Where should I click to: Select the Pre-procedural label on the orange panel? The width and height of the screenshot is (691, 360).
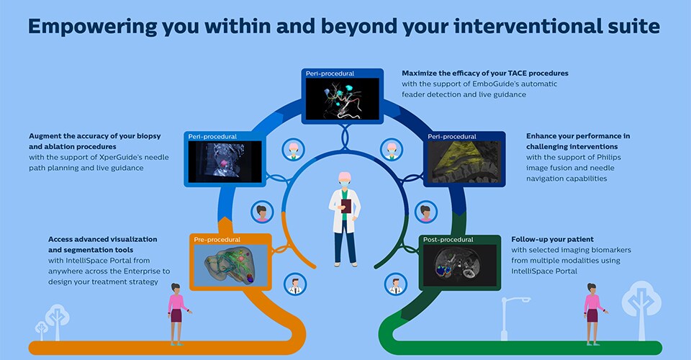click(x=217, y=239)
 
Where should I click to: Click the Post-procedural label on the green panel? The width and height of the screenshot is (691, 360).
click(x=448, y=239)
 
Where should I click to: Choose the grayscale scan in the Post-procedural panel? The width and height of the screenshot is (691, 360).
click(x=459, y=263)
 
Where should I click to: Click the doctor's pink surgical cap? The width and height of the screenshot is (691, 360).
click(x=345, y=177)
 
